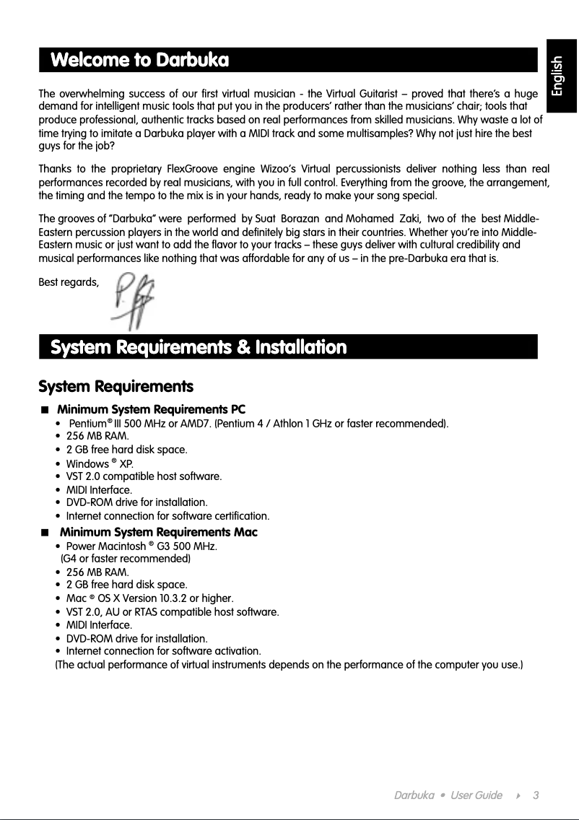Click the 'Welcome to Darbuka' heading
[x=139, y=59]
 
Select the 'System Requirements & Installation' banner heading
[x=198, y=347]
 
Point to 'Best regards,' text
[x=69, y=282]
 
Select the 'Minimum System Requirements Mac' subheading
[x=158, y=532]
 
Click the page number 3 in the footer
[x=536, y=795]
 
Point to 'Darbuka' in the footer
[x=414, y=795]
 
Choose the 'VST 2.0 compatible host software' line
[x=144, y=476]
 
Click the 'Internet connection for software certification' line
[x=167, y=516]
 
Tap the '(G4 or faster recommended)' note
[x=126, y=559]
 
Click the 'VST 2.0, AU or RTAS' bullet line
[x=172, y=612]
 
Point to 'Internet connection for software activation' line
[x=163, y=651]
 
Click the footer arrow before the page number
[x=518, y=795]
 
